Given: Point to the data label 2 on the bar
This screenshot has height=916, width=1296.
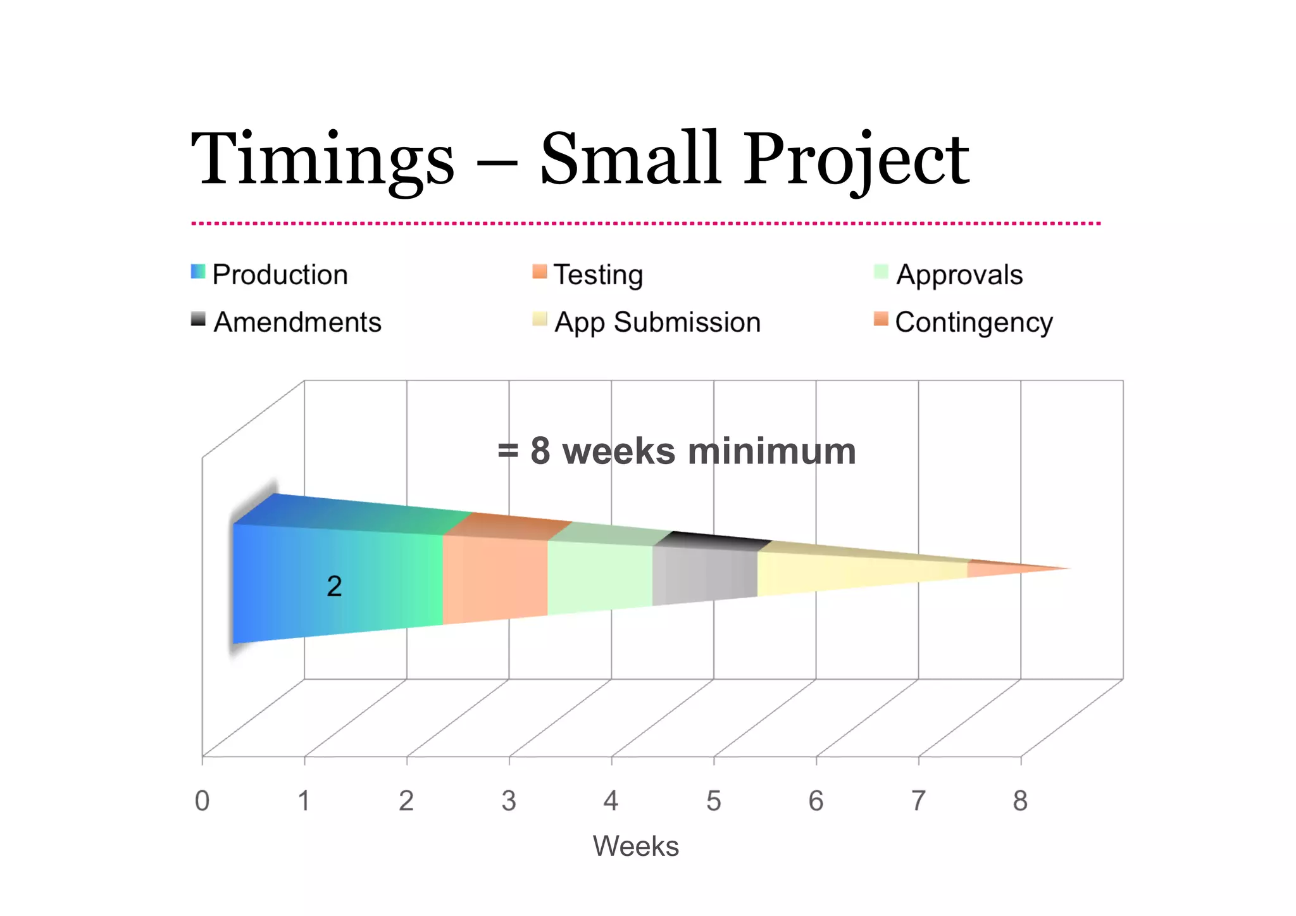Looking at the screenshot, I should [334, 586].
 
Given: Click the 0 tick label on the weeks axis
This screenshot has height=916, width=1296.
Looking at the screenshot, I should [202, 801].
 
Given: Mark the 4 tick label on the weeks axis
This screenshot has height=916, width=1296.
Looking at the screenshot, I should [611, 801].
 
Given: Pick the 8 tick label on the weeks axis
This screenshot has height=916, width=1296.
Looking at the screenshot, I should [1020, 801].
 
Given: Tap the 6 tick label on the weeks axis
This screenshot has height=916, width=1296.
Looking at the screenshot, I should [816, 801].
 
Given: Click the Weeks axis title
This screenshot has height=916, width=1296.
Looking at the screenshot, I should [635, 846].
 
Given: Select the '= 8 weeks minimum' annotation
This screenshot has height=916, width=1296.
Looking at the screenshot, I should [676, 451].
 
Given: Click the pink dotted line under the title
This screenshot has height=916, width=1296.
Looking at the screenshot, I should [645, 223].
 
